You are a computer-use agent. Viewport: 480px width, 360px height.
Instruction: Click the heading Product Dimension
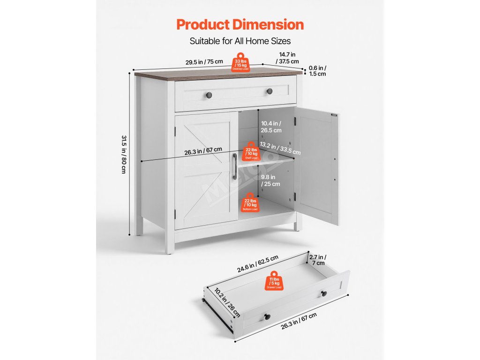click(240, 24)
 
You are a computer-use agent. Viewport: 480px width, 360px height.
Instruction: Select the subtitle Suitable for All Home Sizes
click(240, 41)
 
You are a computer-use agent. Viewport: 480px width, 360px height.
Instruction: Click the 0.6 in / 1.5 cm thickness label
click(318, 71)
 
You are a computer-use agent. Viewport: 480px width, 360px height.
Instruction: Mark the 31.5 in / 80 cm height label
click(124, 154)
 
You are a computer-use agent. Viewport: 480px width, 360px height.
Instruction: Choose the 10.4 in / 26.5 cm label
click(271, 127)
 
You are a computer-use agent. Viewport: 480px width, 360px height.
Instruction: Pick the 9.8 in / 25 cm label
click(270, 180)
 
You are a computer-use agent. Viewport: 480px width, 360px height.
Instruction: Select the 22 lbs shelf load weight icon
click(251, 152)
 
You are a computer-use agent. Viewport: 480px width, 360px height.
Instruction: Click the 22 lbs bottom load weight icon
click(250, 203)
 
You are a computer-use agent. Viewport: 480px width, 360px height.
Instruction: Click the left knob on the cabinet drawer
click(209, 95)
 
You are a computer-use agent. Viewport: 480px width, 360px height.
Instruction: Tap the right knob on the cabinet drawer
click(270, 91)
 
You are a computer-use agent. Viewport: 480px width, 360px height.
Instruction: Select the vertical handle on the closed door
click(234, 166)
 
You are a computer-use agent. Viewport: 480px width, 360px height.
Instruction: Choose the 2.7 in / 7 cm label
click(318, 260)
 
